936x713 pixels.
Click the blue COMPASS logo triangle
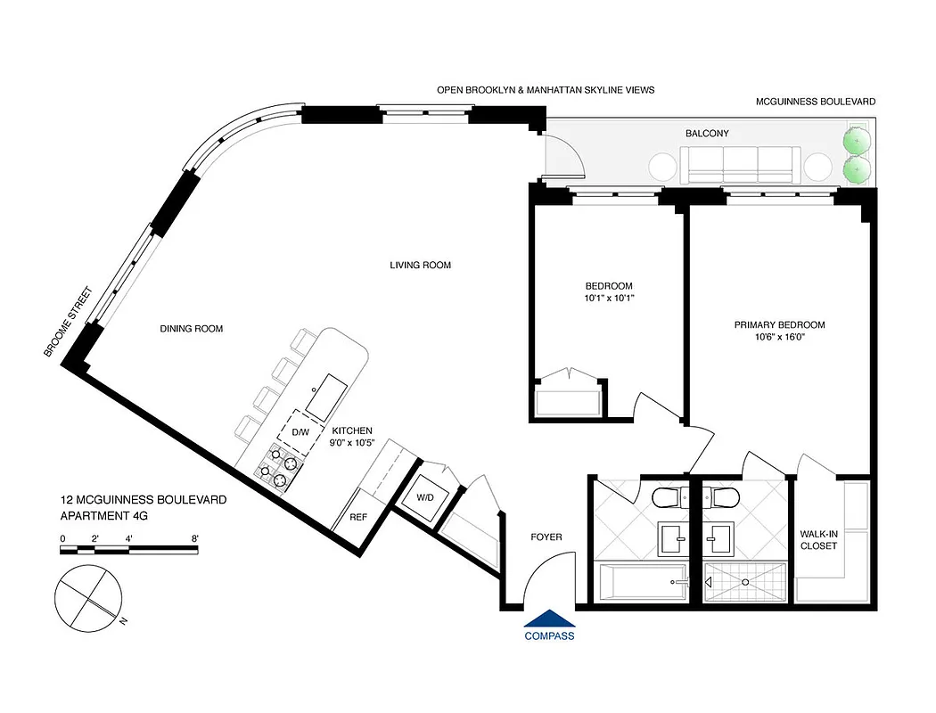549,619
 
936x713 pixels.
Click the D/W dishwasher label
300,432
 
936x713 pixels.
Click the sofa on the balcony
739,165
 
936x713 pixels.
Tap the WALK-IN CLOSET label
818,540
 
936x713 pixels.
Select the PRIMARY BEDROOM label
779,325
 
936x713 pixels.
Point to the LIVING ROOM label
420,265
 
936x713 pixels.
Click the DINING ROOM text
192,329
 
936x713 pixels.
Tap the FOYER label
546,537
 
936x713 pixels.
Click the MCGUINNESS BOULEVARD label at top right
815,102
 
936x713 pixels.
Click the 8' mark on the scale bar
194,538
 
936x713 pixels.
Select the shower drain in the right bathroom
745,581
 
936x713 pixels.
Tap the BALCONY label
707,134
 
